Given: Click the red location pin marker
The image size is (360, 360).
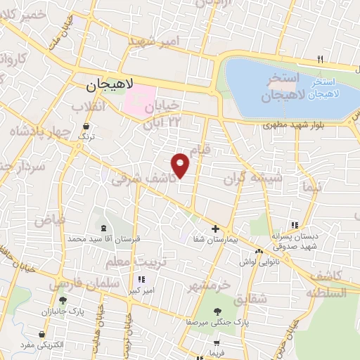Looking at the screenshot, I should point(181,165).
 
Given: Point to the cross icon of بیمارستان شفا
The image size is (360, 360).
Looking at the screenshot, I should point(215,229).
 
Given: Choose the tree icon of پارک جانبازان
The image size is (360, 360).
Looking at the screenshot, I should point(63,300).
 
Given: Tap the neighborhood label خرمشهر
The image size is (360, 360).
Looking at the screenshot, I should point(209,286).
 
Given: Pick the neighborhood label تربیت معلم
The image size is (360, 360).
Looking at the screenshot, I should point(127,262).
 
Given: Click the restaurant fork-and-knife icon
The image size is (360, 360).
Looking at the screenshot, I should point(320,60).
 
